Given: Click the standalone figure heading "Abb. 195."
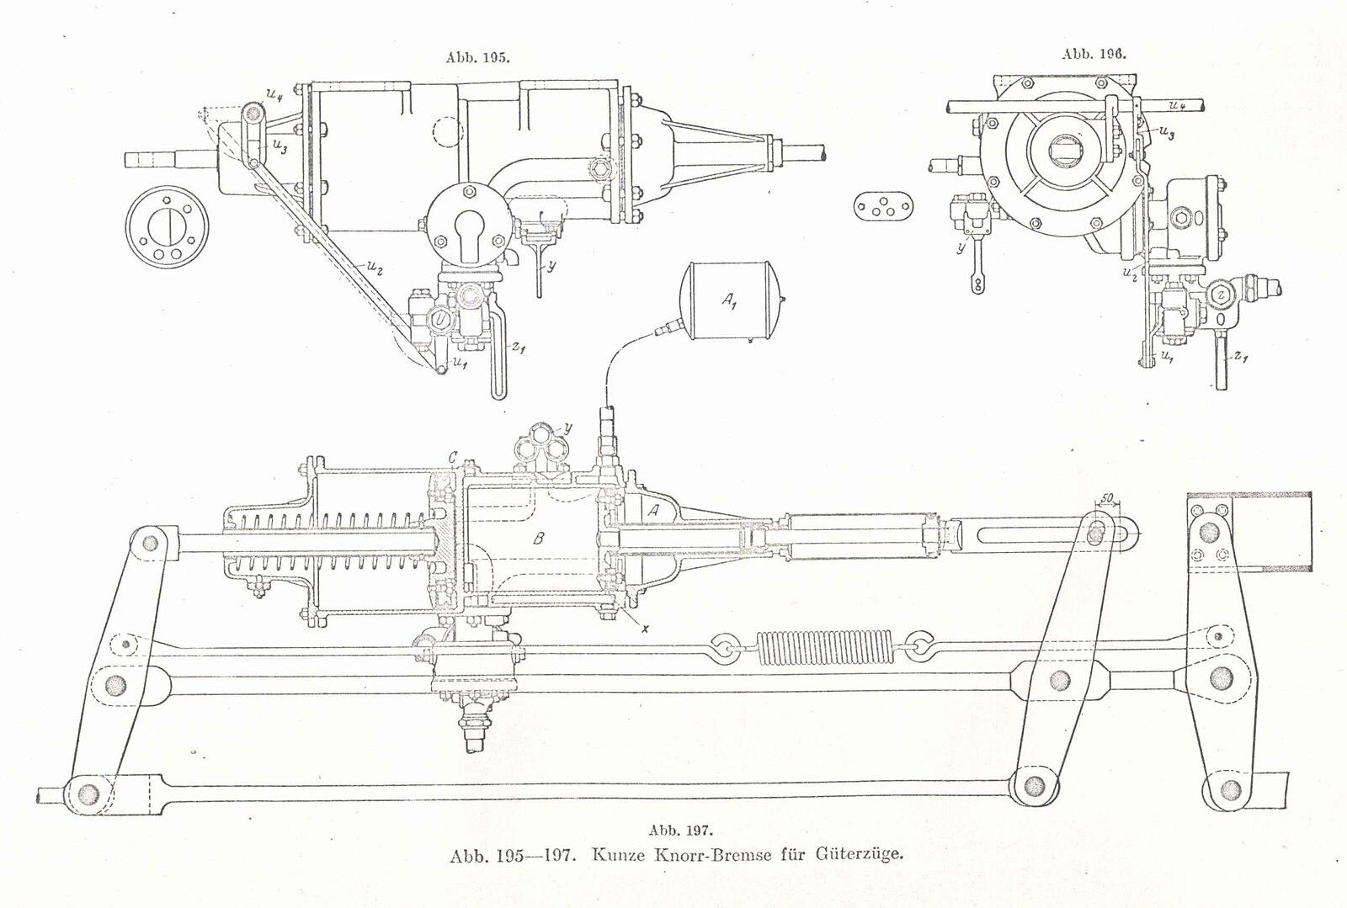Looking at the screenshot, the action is pyautogui.click(x=477, y=58).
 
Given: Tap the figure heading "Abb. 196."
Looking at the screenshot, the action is pyautogui.click(x=1094, y=53).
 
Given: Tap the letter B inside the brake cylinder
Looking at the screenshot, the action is pyautogui.click(x=539, y=539).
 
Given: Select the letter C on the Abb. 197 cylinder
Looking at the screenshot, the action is pyautogui.click(x=453, y=458).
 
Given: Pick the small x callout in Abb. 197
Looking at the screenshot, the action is pyautogui.click(x=645, y=626).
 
